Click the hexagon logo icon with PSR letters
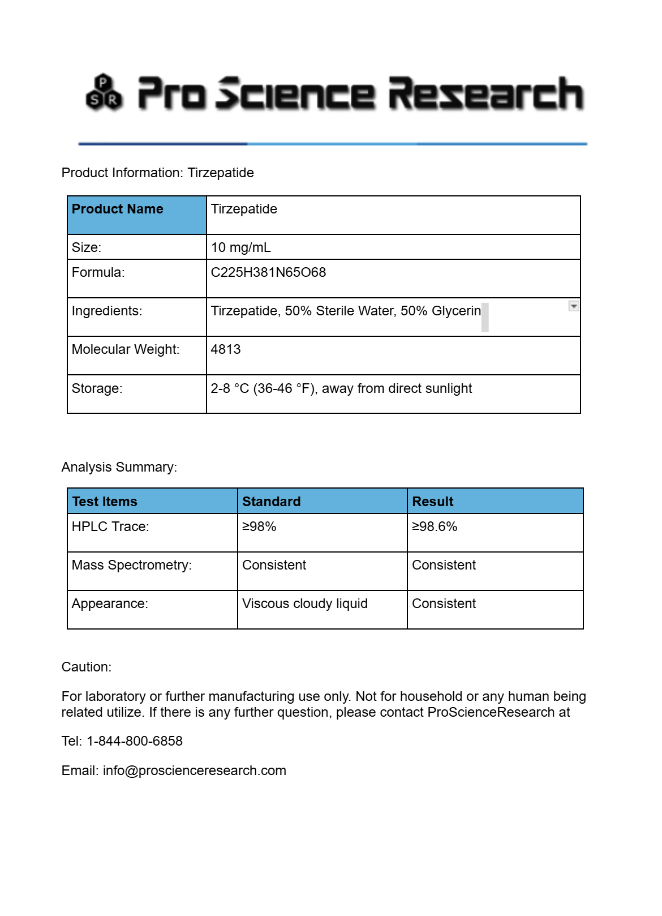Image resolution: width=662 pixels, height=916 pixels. [104, 93]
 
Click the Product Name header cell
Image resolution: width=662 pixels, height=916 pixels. [117, 209]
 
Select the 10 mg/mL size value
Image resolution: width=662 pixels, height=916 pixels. [240, 247]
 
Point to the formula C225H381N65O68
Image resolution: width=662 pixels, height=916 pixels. [268, 272]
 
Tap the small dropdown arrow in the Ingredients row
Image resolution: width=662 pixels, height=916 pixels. [574, 306]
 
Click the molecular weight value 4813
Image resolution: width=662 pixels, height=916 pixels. [226, 349]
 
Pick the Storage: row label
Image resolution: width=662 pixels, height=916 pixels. [97, 388]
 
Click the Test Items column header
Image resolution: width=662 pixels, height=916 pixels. [105, 502]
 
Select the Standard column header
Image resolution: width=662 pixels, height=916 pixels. [271, 502]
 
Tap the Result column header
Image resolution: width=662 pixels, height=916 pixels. [433, 502]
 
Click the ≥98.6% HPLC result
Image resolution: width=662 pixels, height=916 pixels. [434, 527]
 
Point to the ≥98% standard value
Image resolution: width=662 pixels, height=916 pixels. [259, 527]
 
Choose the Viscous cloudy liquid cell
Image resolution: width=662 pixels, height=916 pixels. [304, 603]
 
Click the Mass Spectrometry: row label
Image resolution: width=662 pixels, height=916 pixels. [132, 565]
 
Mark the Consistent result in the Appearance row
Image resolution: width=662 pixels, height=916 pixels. [444, 603]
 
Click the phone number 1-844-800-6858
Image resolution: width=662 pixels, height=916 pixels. [134, 741]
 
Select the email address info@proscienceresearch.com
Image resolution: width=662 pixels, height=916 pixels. [194, 771]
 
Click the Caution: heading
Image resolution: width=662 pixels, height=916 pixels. [87, 667]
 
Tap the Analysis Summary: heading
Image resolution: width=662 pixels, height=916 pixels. [119, 467]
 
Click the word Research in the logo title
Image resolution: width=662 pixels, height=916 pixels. [485, 93]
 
